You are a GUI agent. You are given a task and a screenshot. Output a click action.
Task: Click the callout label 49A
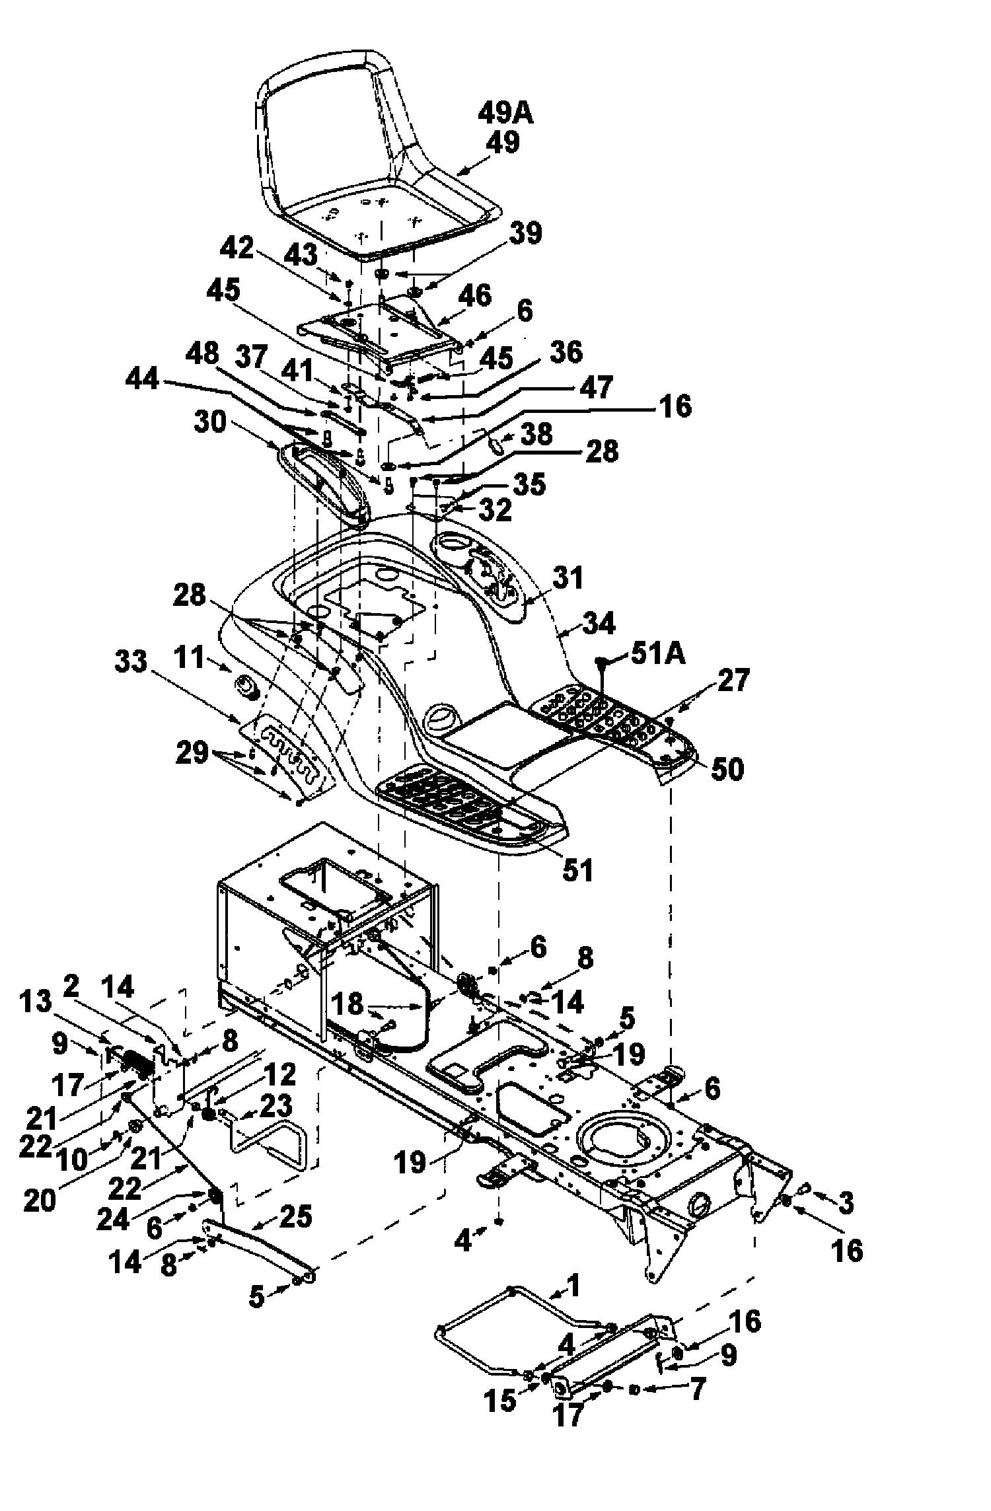(505, 114)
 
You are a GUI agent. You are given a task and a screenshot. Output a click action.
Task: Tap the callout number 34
(599, 622)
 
